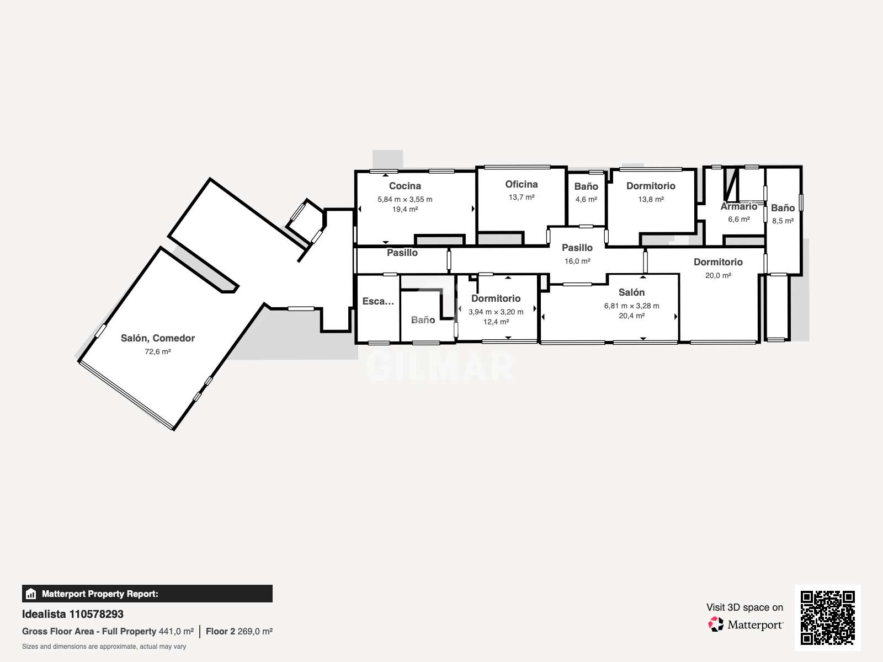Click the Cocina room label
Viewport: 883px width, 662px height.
pyautogui.click(x=405, y=186)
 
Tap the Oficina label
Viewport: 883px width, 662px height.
pyautogui.click(x=522, y=184)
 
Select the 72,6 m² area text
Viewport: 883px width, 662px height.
pyautogui.click(x=158, y=352)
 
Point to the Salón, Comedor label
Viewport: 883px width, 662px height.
pyautogui.click(x=158, y=338)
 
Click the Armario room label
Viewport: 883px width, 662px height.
pyautogui.click(x=738, y=206)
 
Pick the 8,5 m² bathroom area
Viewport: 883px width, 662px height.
pyautogui.click(x=783, y=221)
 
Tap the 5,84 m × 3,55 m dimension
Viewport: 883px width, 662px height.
pyautogui.click(x=405, y=199)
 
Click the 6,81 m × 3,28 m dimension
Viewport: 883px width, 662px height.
pyautogui.click(x=631, y=306)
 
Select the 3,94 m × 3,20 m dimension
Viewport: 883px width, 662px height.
pyautogui.click(x=496, y=312)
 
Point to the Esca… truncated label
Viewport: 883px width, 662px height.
pyautogui.click(x=378, y=301)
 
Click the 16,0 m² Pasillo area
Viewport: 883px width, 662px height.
pyautogui.click(x=577, y=261)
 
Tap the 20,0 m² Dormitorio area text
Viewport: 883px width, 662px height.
pyautogui.click(x=718, y=275)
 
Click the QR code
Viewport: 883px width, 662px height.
pyautogui.click(x=827, y=618)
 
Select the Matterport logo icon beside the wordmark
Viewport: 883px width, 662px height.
pyautogui.click(x=716, y=624)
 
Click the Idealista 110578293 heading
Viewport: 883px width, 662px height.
pyautogui.click(x=72, y=614)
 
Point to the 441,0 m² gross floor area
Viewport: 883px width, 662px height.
pyautogui.click(x=176, y=632)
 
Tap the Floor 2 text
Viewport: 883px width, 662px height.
pyautogui.click(x=220, y=632)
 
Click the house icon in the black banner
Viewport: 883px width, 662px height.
pyautogui.click(x=31, y=594)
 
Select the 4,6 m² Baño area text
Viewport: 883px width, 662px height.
pyautogui.click(x=586, y=199)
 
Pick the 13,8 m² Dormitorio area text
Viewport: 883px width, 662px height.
pyautogui.click(x=651, y=199)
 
